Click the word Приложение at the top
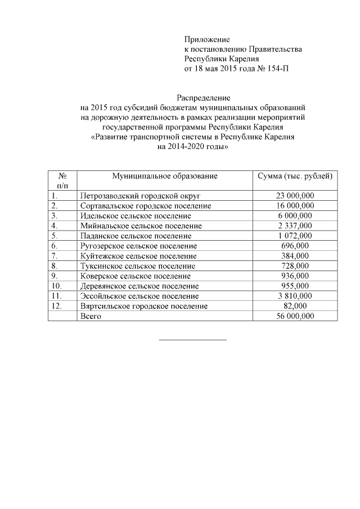point(208,39)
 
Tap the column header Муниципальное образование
point(164,176)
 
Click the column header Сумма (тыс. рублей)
point(295,176)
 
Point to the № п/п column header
point(62,181)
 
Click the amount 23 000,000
point(295,195)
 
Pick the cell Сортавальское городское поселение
point(146,205)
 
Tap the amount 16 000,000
point(295,205)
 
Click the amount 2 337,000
point(295,226)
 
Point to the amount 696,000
point(295,246)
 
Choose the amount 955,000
point(295,286)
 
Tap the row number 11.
point(56,296)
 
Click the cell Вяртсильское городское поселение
point(144,306)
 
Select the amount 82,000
point(295,306)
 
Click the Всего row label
point(90,316)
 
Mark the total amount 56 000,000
point(295,316)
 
